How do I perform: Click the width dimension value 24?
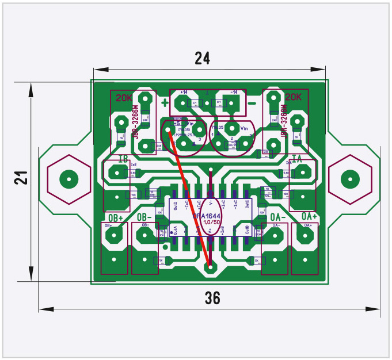pos(202,58)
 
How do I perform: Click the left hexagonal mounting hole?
pos(68,178)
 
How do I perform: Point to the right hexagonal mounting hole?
pos(349,178)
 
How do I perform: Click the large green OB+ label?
pos(116,217)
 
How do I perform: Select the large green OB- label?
pos(144,217)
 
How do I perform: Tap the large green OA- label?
pos(279,216)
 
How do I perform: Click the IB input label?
pos(123,158)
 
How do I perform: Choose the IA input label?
pos(297,158)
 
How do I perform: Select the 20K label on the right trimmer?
pos(294,97)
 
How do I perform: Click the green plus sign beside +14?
pos(166,104)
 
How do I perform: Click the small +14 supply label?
pos(184,92)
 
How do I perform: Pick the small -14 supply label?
pos(234,92)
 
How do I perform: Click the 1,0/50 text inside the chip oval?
pos(211,222)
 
